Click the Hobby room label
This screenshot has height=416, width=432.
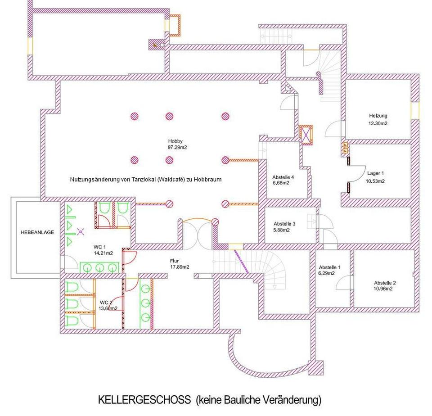coord(175,141)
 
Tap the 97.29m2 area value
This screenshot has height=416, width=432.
coord(177,148)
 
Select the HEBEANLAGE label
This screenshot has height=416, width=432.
coord(37,232)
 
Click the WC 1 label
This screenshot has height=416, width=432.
coord(100,247)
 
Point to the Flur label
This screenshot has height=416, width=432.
coord(175,261)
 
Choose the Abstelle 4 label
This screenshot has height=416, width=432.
coord(283,177)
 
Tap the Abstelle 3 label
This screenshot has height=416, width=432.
coord(284,224)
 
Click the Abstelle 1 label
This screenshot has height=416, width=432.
coord(330,267)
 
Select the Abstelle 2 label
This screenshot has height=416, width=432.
coord(385,283)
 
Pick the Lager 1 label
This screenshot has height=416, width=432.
coord(375,173)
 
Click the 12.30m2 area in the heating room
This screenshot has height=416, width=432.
coord(378,123)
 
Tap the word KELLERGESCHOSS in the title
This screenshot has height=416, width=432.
coord(144,400)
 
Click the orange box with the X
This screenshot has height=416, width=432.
coord(306,135)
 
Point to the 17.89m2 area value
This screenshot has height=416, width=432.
coord(180,267)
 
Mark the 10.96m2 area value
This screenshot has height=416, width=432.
coord(383,289)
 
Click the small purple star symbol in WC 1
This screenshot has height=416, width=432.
coord(81,232)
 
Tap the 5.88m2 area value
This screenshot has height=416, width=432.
coord(282,230)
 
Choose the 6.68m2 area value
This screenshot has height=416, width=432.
coord(281,183)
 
